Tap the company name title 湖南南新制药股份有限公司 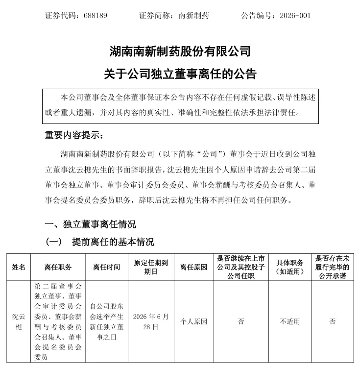point(180,50)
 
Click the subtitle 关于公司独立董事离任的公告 point(180,74)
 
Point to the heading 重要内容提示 point(74,135)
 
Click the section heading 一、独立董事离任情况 point(90,224)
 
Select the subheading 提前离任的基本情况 point(113,242)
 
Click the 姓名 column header point(19,267)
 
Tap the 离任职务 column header point(58,267)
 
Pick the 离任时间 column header point(106,267)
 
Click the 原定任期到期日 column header point(151,267)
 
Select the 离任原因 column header point(193,267)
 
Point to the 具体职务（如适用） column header point(290,267)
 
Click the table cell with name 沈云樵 point(19,321)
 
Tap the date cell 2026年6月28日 point(151,321)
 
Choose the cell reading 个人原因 point(193,322)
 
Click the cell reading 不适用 point(290,322)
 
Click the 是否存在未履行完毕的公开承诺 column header point(333,267)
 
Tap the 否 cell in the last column point(333,322)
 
